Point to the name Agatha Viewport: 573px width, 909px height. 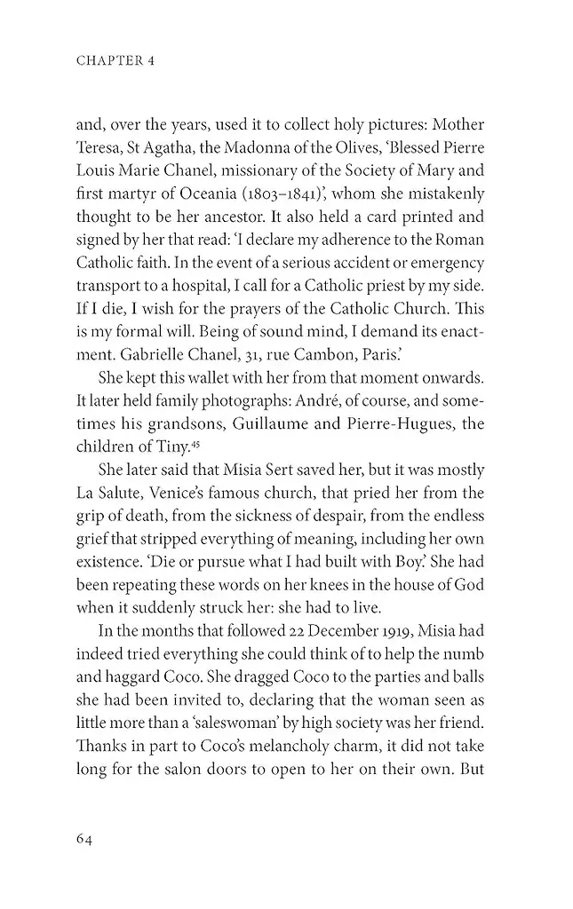point(189,147)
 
